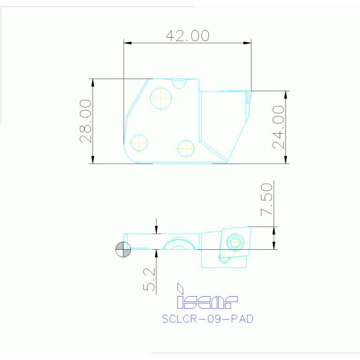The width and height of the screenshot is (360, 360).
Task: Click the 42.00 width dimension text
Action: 187,36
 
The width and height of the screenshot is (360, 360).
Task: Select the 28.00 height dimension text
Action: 85,121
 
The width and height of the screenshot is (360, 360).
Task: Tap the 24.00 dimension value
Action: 279,127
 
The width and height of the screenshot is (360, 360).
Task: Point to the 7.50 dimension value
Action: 267,199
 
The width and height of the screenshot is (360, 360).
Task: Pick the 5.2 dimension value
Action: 149,280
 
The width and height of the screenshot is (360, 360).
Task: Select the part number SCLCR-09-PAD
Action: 207,319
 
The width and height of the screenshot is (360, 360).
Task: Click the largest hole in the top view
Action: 161,98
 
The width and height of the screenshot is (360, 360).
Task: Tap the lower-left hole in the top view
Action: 139,142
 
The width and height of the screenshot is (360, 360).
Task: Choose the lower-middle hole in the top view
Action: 186,148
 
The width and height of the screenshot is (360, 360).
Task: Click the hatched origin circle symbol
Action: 123,249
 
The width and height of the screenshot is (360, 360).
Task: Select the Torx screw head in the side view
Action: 235,243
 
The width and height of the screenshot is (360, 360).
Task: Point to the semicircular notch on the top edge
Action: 179,83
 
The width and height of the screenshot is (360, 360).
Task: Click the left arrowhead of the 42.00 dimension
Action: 127,43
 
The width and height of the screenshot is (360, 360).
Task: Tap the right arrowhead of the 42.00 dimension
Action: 247,43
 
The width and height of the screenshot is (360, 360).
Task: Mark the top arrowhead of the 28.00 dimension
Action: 93,82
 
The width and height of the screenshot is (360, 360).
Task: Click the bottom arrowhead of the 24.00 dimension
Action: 286,160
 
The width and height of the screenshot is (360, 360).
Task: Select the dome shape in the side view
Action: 179,244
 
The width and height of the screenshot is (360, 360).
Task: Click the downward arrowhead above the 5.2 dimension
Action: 157,230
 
